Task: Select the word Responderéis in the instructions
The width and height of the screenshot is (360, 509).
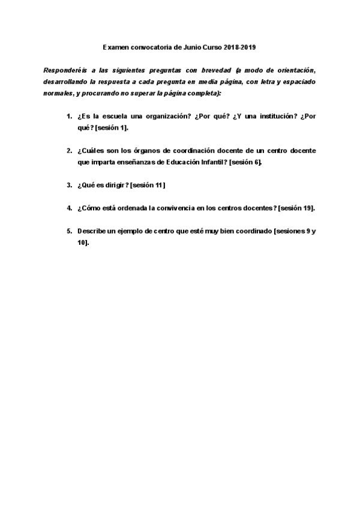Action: (x=65, y=70)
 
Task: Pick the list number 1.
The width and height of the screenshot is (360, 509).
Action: (x=69, y=116)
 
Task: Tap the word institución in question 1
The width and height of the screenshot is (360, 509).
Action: (x=258, y=116)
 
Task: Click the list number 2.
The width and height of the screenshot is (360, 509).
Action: (x=69, y=151)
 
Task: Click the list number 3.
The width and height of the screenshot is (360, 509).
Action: (x=69, y=185)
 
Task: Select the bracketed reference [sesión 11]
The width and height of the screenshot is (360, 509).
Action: (x=148, y=185)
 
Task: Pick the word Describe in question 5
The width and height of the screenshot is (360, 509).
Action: (x=91, y=231)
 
